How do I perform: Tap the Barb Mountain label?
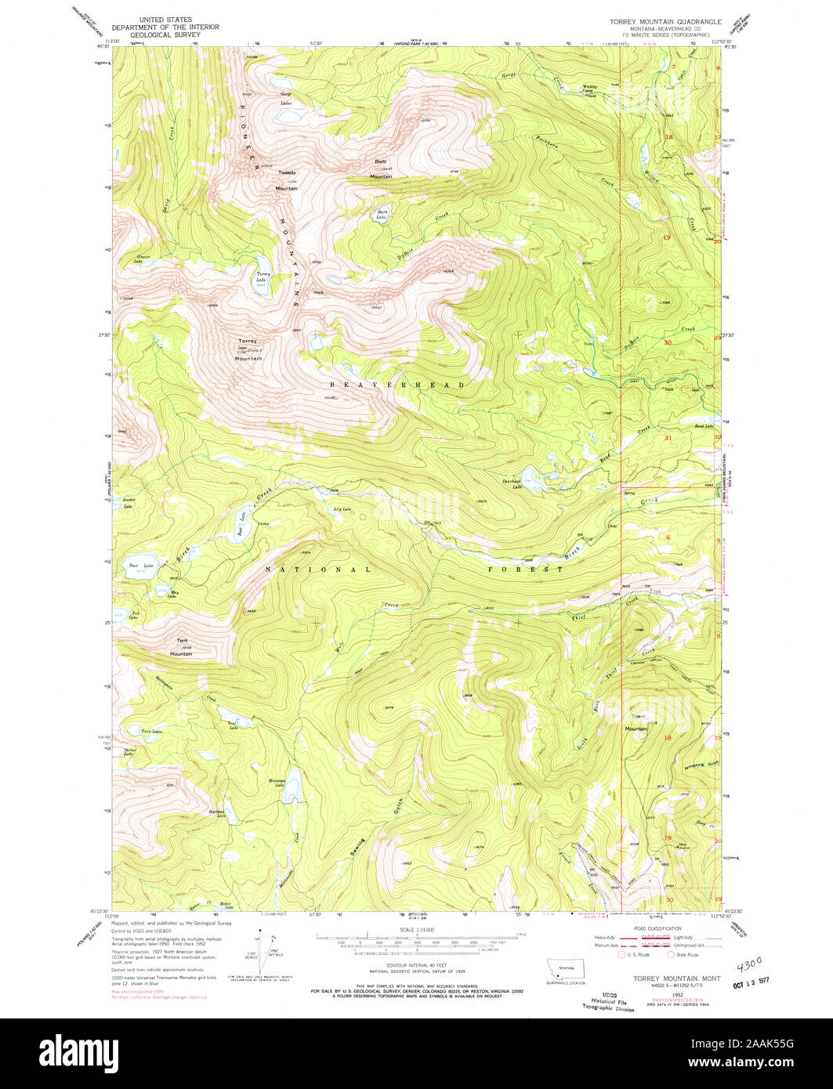[381, 169]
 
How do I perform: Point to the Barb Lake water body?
[382, 215]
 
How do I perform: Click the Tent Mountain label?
[181, 647]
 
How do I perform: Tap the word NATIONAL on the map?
[317, 570]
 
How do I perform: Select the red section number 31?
[668, 439]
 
